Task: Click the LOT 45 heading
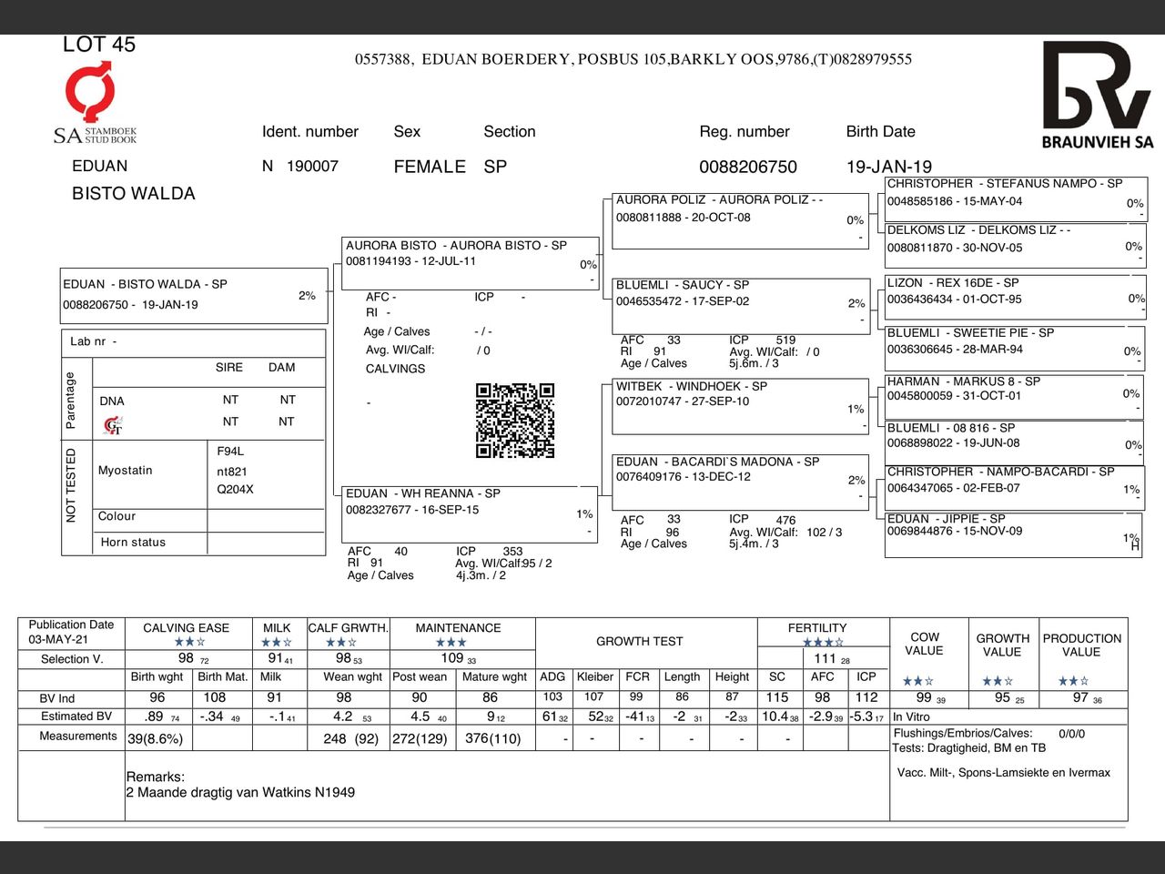[x=98, y=45]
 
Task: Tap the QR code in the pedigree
[x=514, y=420]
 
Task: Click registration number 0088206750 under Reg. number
[x=747, y=167]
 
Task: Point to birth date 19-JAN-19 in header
[x=888, y=167]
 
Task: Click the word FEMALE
[x=430, y=167]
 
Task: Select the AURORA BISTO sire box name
[x=456, y=245]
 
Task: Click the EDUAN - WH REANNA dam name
[x=422, y=493]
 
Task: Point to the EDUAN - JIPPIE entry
[x=946, y=518]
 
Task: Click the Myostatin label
[x=126, y=471]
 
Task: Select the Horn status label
[x=133, y=543]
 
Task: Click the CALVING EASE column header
[x=186, y=628]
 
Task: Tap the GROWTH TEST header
[x=639, y=641]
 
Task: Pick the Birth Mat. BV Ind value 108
[x=214, y=697]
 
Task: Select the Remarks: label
[x=155, y=777]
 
